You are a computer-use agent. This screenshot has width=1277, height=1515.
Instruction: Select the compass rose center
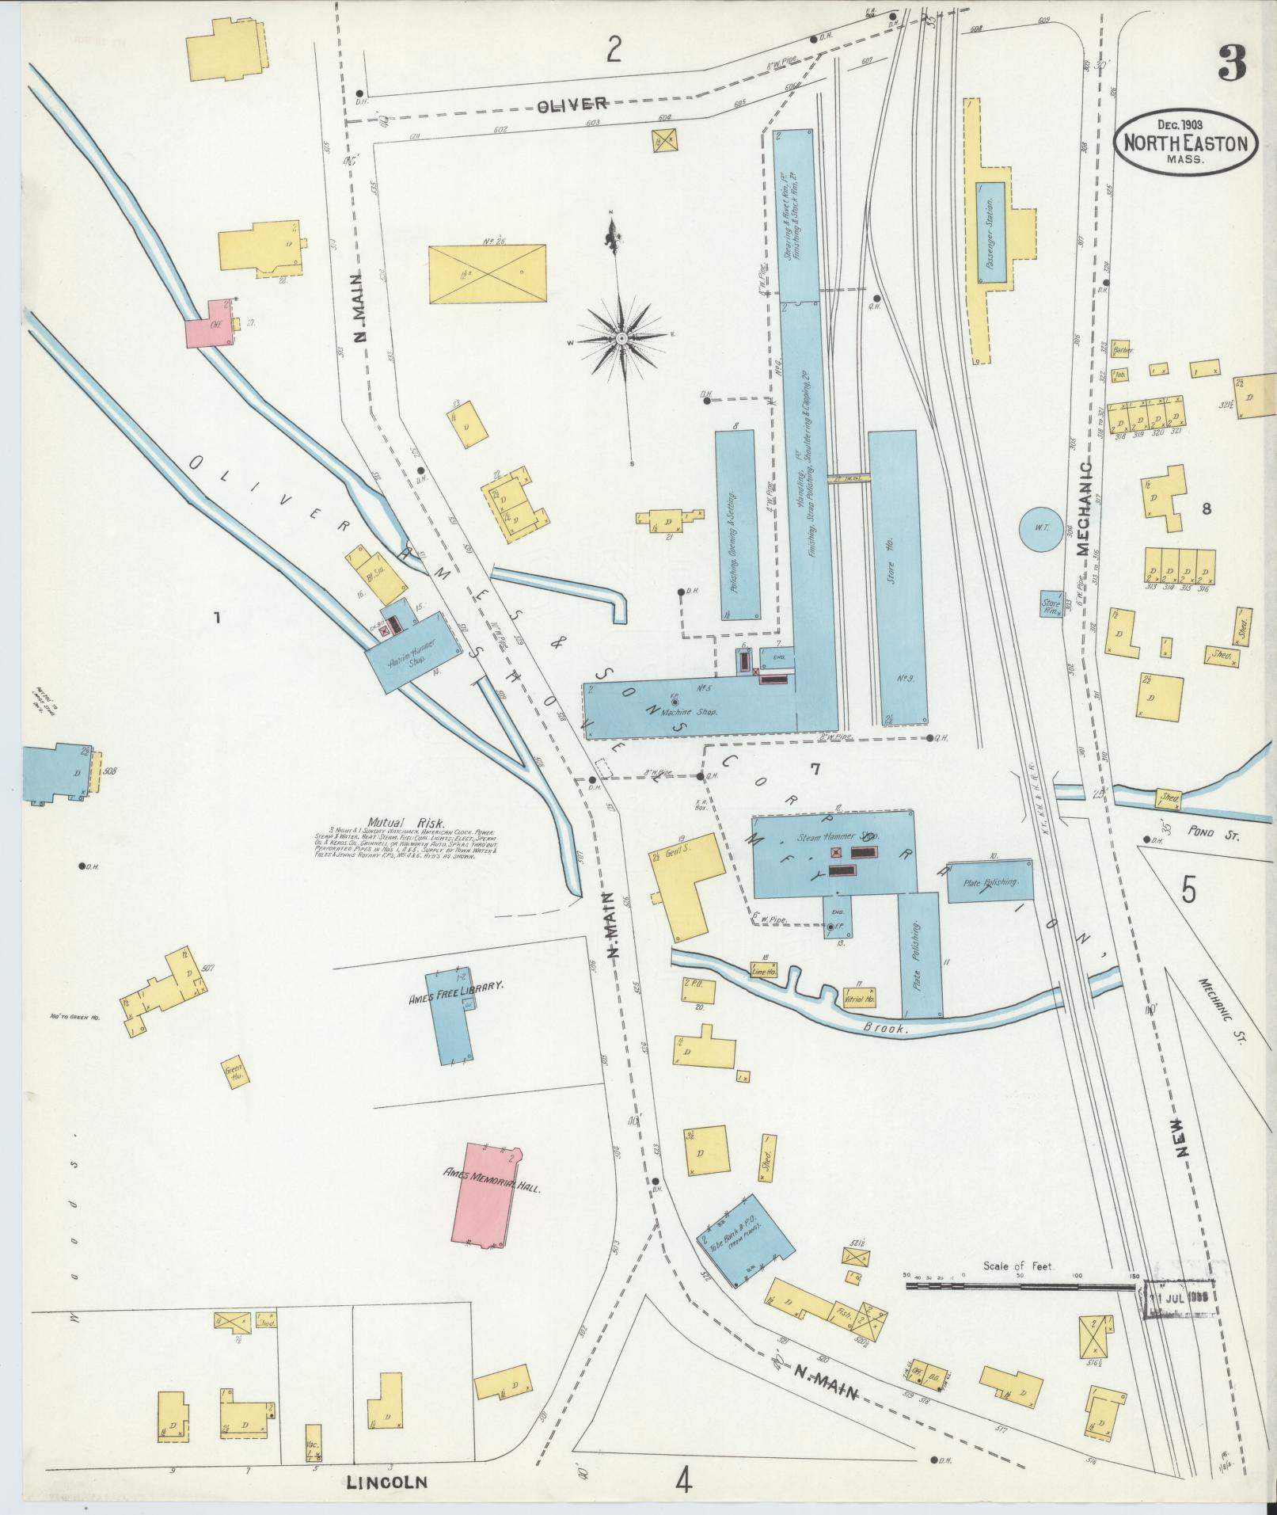pos(622,338)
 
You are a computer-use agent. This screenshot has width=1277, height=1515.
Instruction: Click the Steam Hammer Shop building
pos(831,854)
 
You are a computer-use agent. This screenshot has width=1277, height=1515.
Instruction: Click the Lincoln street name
pos(386,1481)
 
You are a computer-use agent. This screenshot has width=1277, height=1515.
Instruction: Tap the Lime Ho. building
pos(765,969)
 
